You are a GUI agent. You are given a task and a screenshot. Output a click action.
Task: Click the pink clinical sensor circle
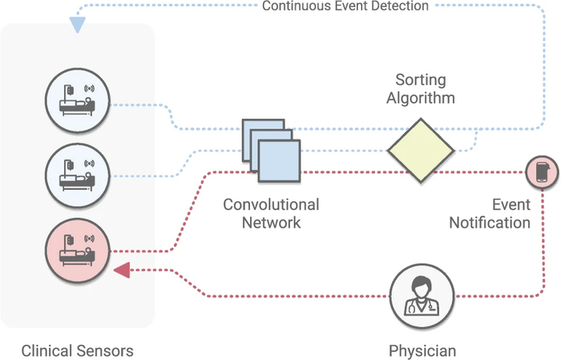[78, 250]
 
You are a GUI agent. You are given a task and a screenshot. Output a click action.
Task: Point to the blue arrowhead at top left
[77, 25]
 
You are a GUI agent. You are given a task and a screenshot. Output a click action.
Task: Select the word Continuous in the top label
[294, 6]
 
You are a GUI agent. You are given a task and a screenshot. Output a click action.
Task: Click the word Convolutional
[271, 204]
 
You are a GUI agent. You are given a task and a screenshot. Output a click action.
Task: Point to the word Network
[271, 222]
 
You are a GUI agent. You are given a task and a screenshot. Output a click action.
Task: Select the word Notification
[490, 222]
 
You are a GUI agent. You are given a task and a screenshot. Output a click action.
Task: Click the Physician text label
[422, 351]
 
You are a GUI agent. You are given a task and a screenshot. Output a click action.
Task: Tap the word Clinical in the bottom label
[49, 351]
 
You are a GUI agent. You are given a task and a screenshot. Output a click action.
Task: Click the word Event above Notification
[511, 204]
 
